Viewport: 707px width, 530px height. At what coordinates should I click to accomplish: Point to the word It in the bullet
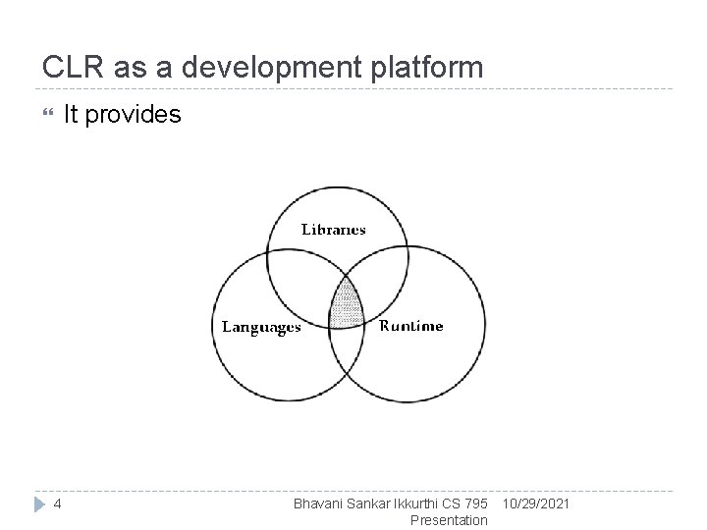(72, 115)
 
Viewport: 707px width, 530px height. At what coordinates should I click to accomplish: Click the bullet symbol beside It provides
(41, 115)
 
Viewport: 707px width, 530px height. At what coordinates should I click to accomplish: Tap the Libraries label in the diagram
(333, 231)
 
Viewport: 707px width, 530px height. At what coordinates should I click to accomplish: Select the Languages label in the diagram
(261, 327)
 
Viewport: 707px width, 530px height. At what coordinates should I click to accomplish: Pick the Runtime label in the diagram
(410, 326)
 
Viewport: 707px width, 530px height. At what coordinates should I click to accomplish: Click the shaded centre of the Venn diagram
(344, 305)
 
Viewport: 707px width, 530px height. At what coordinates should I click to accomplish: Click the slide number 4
(58, 503)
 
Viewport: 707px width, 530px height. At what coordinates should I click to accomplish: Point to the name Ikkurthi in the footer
(417, 503)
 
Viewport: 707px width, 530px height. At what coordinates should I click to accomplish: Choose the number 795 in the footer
(475, 503)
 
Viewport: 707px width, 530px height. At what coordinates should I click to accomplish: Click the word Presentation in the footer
(449, 520)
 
